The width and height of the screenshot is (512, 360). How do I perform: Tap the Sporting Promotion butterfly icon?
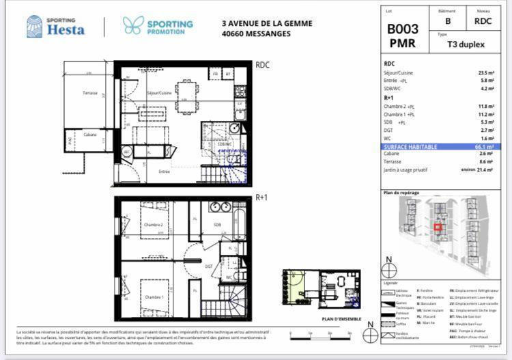tap(132, 25)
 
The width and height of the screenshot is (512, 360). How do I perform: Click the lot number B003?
tap(402, 29)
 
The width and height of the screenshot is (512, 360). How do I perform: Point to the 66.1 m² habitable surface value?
tap(485, 146)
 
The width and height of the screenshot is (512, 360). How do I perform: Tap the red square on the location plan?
tap(438, 228)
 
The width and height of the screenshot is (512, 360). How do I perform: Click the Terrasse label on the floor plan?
tap(90, 94)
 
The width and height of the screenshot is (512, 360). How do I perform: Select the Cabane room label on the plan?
tap(90, 135)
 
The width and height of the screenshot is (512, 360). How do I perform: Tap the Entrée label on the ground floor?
tap(165, 171)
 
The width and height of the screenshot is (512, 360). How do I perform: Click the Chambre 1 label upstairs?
tap(152, 297)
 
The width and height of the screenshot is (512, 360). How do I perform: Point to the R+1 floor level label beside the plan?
tap(261, 198)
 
